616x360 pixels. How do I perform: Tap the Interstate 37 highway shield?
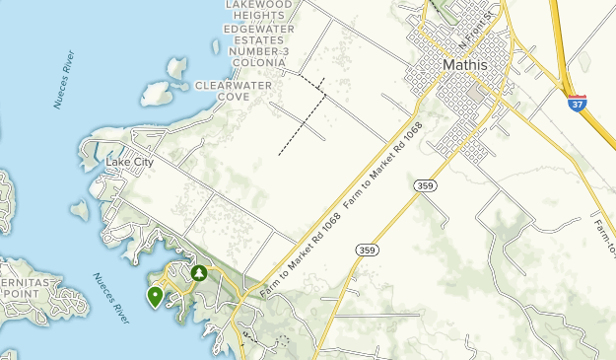[x=578, y=102]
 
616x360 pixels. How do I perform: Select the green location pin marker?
[x=155, y=296]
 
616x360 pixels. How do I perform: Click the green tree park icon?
[x=199, y=272]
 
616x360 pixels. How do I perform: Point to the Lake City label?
[x=129, y=162]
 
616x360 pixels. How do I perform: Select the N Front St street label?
[x=477, y=36]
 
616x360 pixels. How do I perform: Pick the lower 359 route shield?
[x=366, y=249]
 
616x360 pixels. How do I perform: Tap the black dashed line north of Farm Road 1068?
[x=302, y=116]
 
